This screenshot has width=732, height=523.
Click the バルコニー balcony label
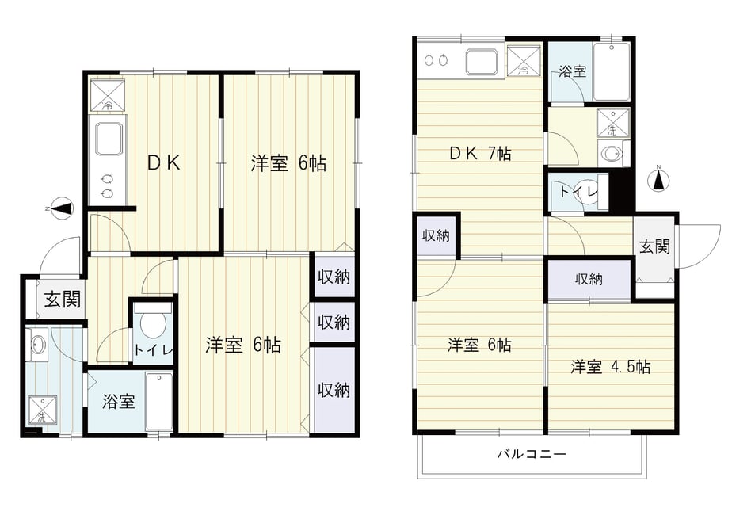point(532,453)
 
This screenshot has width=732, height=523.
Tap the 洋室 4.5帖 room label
point(610,367)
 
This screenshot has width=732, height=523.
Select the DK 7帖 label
point(480,153)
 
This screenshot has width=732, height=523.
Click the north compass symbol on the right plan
point(658,180)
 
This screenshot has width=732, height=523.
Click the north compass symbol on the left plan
point(61,208)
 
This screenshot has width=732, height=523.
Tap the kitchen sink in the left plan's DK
point(110,138)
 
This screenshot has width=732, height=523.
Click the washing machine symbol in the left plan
point(43,410)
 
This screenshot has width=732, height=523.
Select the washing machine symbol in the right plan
point(612,122)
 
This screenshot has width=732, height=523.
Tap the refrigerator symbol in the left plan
point(108,96)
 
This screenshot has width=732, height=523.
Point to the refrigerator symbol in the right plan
point(524,61)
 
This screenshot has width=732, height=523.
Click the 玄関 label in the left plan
point(62,300)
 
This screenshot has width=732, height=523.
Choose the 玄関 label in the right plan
point(654,246)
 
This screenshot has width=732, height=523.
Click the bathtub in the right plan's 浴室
point(611,72)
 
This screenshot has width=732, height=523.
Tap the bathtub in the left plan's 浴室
point(159,401)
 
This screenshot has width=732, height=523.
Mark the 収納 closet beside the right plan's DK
point(436,236)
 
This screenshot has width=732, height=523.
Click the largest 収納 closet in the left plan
point(334,389)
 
